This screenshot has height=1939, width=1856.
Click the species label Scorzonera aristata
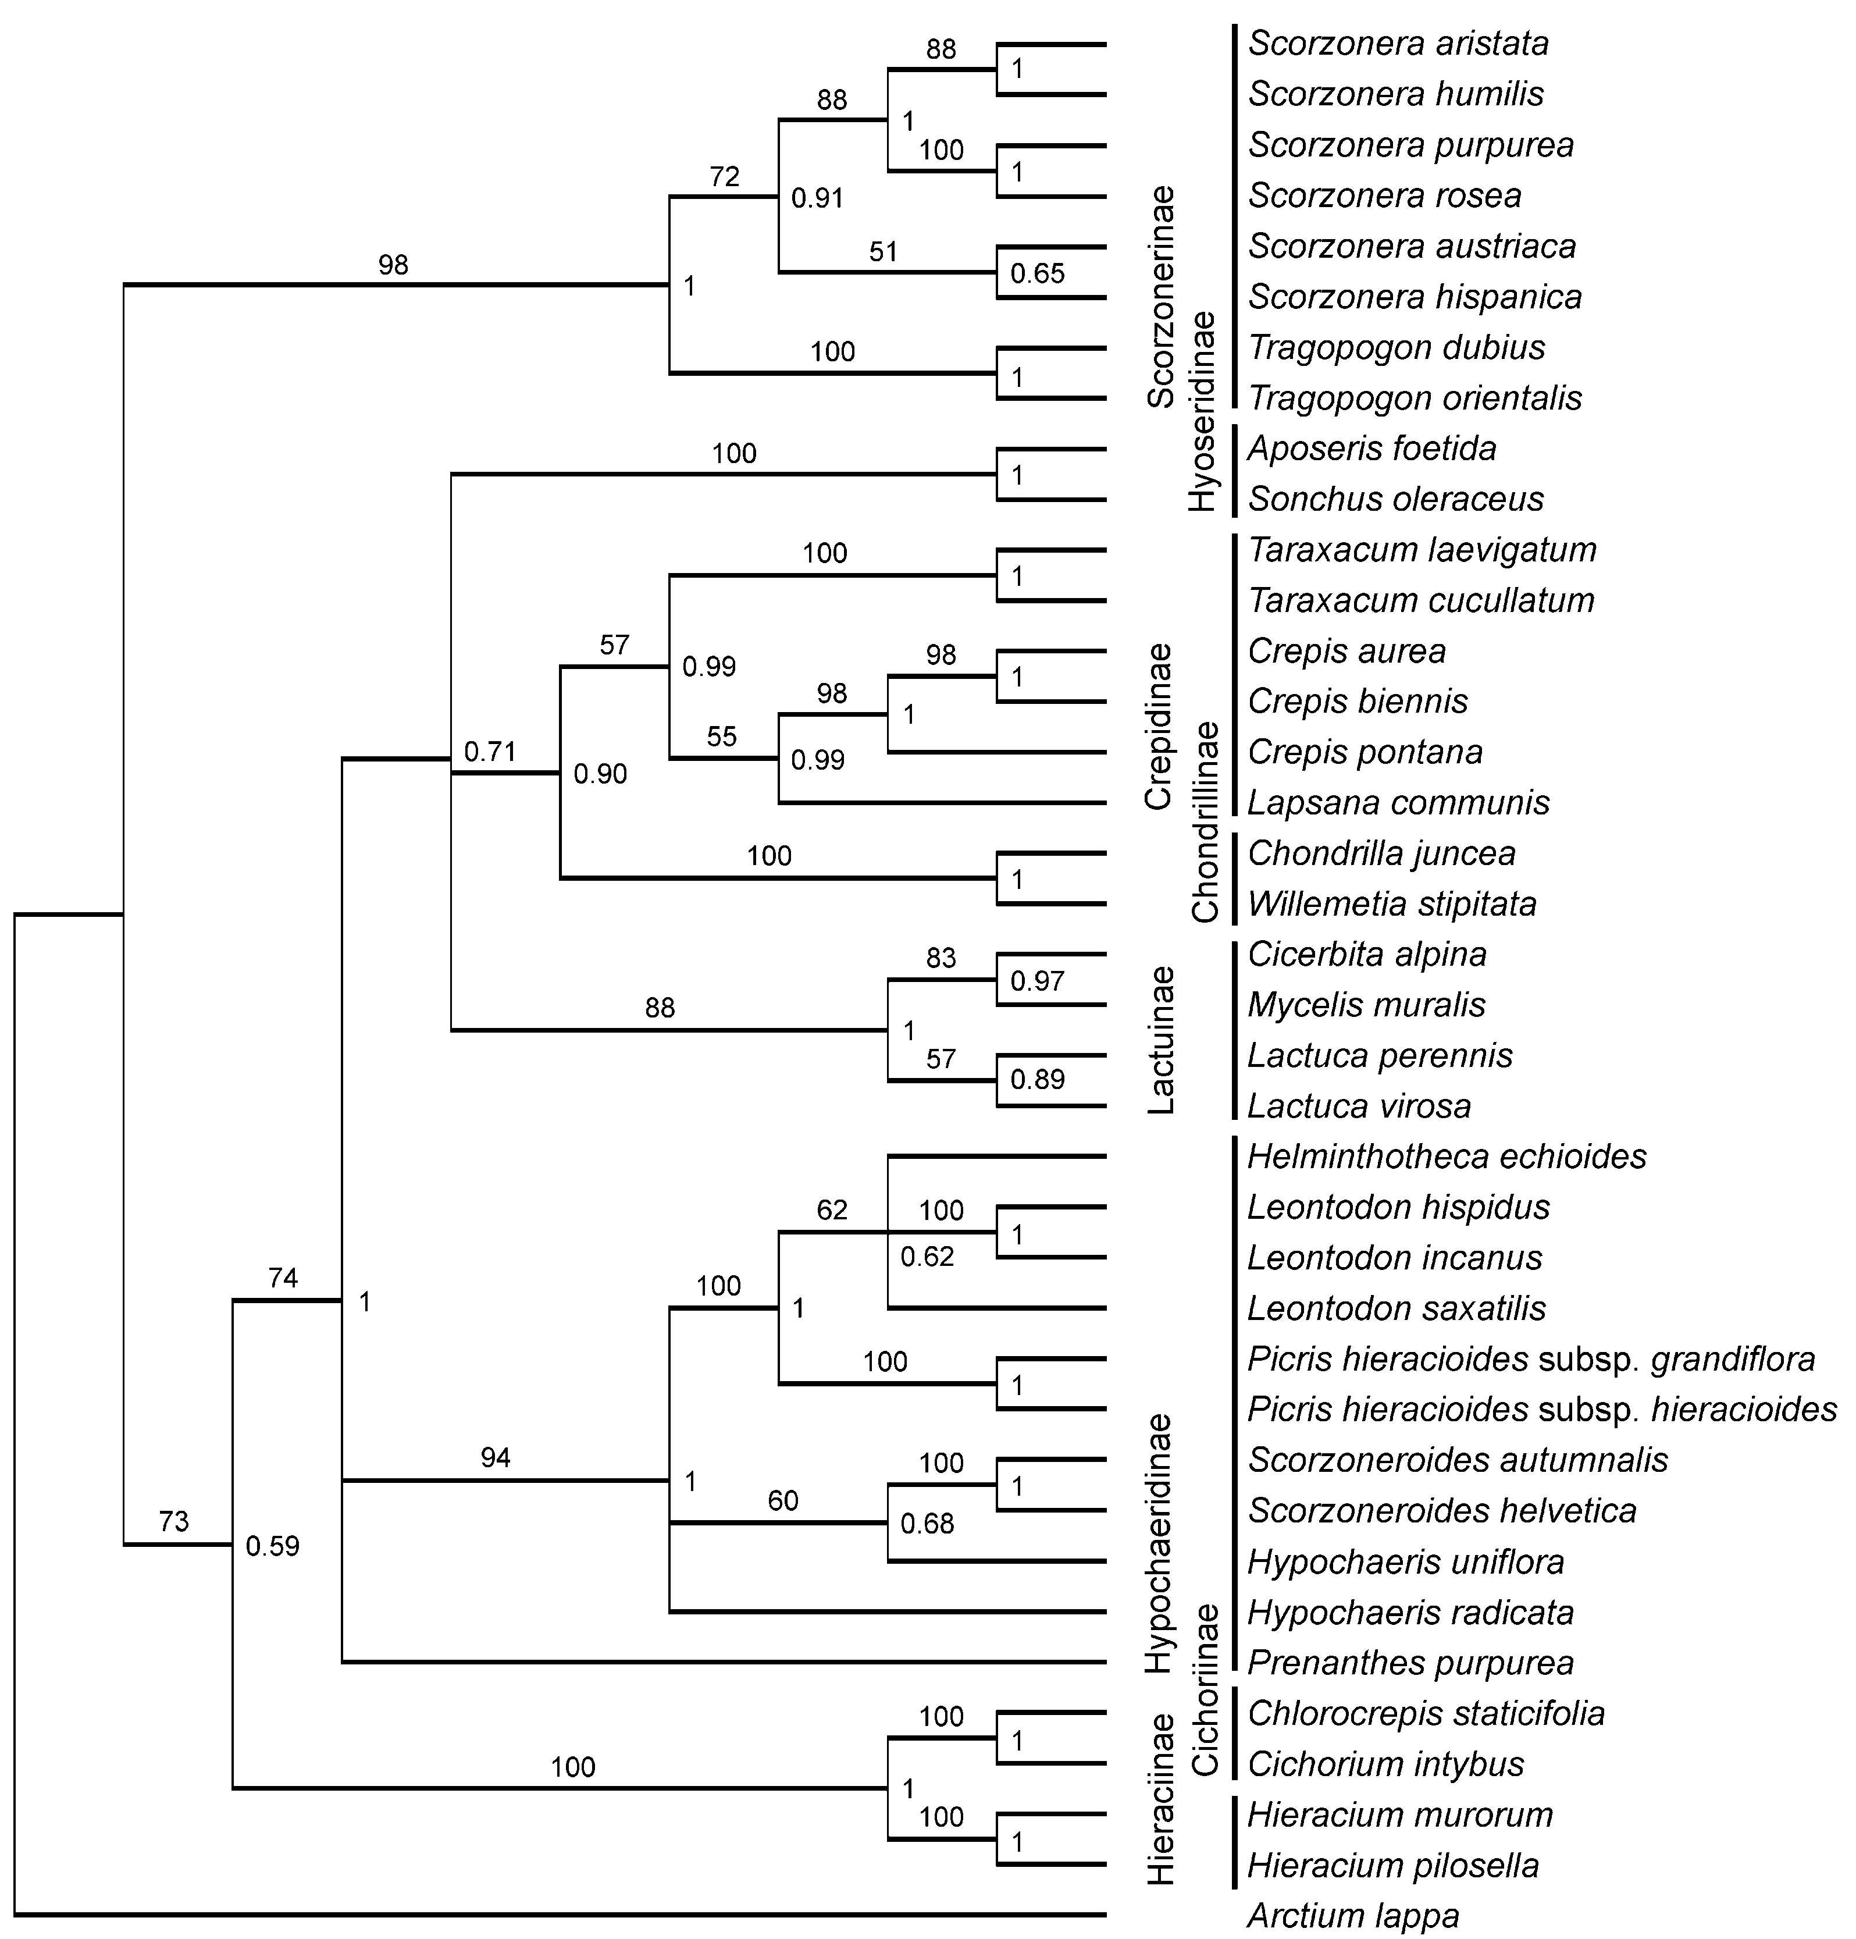click(x=1398, y=44)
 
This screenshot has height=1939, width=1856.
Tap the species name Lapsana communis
click(x=1398, y=802)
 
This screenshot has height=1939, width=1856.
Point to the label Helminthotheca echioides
click(x=1447, y=1157)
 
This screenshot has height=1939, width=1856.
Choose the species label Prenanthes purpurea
click(x=1410, y=1663)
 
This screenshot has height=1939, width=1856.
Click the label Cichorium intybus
click(x=1385, y=1764)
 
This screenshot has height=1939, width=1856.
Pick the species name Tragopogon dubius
click(x=1396, y=347)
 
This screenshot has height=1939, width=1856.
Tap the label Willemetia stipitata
click(x=1392, y=903)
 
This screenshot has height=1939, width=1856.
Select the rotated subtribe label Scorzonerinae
click(x=1160, y=297)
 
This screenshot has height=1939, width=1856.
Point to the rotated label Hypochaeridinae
click(x=1160, y=1543)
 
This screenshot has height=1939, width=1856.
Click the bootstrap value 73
click(x=173, y=1521)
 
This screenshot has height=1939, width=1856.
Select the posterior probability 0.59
click(x=272, y=1546)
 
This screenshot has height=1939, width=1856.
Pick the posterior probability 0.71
click(x=491, y=752)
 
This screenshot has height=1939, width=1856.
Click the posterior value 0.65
click(x=1037, y=273)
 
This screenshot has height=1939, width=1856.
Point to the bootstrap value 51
click(x=882, y=251)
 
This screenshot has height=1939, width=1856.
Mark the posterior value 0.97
click(x=1037, y=981)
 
